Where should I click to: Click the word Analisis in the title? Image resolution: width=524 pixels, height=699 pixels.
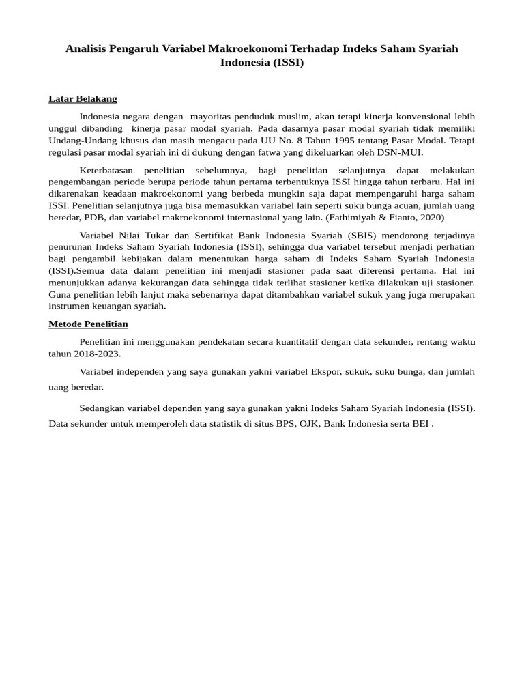(87, 49)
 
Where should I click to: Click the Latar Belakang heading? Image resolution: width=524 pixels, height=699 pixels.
(83, 99)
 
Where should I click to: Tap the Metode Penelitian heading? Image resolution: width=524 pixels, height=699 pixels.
(88, 324)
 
